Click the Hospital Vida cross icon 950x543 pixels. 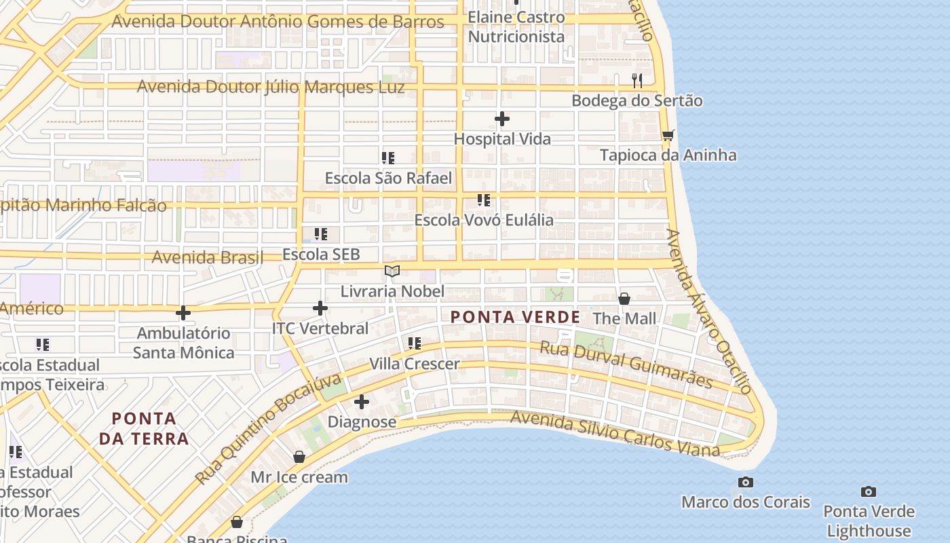[x=502, y=119]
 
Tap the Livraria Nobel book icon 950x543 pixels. [x=392, y=271]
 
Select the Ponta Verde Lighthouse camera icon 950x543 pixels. [x=868, y=491]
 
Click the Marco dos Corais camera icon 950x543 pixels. [x=746, y=482]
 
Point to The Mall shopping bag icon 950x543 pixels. [x=624, y=299]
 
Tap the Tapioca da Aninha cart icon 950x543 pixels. [x=668, y=136]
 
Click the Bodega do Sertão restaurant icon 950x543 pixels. [x=636, y=81]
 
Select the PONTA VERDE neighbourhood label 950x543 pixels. [x=515, y=317]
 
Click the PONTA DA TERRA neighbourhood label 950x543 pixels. [x=144, y=428]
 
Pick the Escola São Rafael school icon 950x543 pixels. [x=388, y=158]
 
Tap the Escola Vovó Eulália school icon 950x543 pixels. [x=483, y=200]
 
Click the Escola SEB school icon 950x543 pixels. [x=321, y=234]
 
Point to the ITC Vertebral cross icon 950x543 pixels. [x=320, y=308]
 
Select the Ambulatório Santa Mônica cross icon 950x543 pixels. [x=183, y=313]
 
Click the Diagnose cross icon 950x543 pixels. [x=362, y=402]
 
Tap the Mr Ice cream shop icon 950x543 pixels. [x=299, y=457]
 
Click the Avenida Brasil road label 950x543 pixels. [x=207, y=258]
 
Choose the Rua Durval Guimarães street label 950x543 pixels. [x=626, y=365]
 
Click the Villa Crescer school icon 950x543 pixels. [x=415, y=343]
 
